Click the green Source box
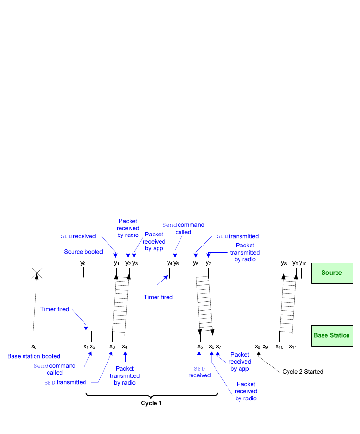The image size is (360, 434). pos(332,273)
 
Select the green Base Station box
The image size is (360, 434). pos(332,335)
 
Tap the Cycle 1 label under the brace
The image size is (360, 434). pos(151,403)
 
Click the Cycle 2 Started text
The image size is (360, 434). pos(303,371)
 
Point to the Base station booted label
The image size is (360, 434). pos(34,356)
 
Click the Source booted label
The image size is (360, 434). pos(84,251)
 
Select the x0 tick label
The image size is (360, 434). pos(34,346)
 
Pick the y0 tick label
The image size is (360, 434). pos(83,263)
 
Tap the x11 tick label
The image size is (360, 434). pos(293,346)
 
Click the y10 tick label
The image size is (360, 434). pos(303,263)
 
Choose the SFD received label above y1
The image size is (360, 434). pos(78,236)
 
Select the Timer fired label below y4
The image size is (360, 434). pos(158,297)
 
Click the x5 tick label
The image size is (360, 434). pos(200,346)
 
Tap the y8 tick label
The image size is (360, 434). pos(284,263)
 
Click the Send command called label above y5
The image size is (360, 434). pos(183,228)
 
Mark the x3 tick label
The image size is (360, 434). pos(112,346)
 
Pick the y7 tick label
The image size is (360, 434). pos(208,263)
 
